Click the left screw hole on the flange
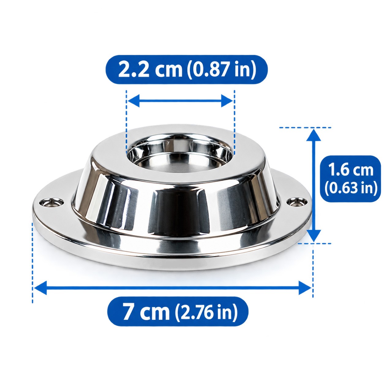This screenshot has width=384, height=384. click(x=52, y=202)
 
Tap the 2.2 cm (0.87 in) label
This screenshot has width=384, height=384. click(x=186, y=70)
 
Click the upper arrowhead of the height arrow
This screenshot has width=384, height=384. click(x=314, y=135)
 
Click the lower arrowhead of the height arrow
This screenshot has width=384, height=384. click(x=314, y=236)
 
